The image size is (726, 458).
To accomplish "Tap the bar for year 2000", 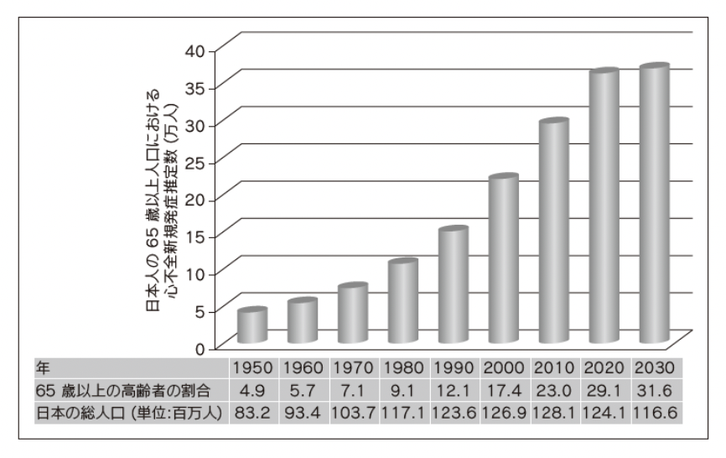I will click(x=503, y=260).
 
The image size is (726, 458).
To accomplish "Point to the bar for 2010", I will click(x=553, y=232).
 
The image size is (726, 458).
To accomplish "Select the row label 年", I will click(x=41, y=367).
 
